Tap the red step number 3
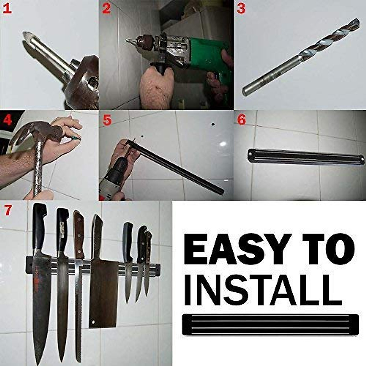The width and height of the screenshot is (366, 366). [x=241, y=9]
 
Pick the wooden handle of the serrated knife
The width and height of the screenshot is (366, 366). [x=79, y=235]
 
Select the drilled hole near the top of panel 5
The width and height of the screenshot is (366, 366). [x=213, y=124]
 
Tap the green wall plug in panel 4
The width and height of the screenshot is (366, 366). [x=76, y=138]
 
